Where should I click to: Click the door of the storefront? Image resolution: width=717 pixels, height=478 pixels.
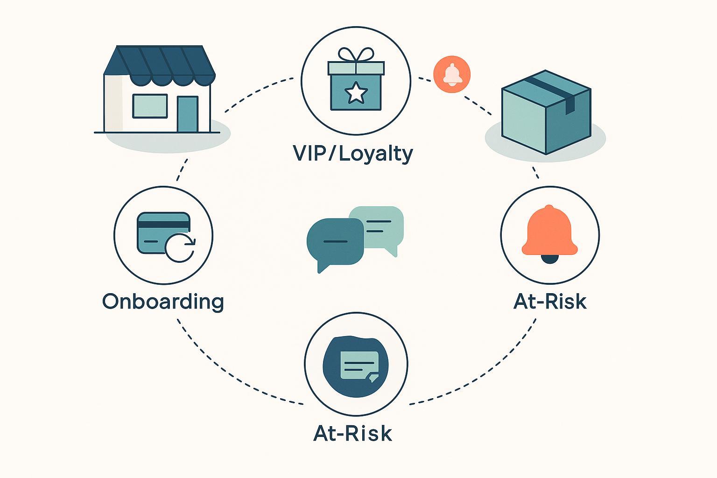pos(188,114)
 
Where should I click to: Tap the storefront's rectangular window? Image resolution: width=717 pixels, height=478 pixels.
pos(150,106)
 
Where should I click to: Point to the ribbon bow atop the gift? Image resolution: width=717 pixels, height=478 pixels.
pos(356,55)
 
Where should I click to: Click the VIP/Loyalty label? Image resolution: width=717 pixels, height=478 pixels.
pos(353,154)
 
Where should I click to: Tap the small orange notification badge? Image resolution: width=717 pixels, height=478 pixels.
pos(452,75)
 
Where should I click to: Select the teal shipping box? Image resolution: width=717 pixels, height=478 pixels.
pos(545,114)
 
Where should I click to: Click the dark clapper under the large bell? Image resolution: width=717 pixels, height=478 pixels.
pos(549,259)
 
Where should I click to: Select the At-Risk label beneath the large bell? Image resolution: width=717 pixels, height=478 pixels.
pos(549,302)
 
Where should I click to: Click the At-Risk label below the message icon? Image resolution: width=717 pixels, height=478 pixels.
pos(353,433)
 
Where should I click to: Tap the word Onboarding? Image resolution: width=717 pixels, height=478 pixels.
pos(163,302)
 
